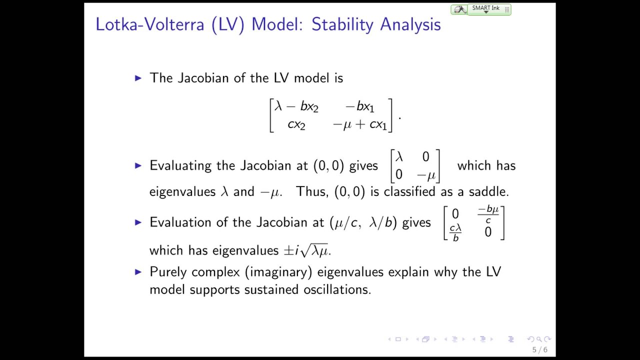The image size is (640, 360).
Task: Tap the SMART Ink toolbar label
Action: coord(485,8)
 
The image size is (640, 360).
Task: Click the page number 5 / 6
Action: coord(539,350)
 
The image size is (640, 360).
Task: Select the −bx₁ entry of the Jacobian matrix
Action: coord(359,107)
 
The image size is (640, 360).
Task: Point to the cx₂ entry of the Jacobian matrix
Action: coord(296,124)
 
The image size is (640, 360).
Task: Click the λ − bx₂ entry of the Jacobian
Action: coord(296,107)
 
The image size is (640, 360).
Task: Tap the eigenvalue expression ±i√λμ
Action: coord(313,250)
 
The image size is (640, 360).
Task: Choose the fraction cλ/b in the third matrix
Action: coord(455,232)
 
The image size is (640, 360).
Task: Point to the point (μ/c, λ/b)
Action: coord(363,222)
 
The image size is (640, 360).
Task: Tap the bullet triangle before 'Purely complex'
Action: coord(138,272)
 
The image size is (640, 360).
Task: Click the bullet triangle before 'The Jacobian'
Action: coord(138,78)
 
